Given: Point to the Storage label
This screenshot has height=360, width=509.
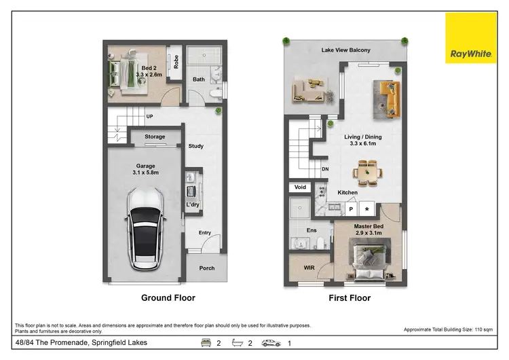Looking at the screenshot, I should tap(155, 137).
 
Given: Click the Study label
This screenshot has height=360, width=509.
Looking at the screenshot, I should tap(195, 146).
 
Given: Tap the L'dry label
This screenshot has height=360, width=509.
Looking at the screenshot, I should tap(193, 204).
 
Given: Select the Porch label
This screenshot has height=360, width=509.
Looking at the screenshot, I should tap(206, 268).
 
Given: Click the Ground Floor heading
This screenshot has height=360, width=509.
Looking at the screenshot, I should tap(168, 298).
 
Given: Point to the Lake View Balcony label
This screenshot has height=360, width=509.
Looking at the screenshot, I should tap(346, 50).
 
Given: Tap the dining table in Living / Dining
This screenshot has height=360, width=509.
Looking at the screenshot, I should tap(368, 172).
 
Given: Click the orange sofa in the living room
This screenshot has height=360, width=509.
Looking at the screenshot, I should tap(387, 97).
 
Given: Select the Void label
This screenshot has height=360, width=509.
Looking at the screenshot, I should tap(299, 187).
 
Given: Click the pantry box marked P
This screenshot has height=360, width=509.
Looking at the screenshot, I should tap(351, 210).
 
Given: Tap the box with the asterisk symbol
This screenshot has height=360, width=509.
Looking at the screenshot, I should tap(367, 210).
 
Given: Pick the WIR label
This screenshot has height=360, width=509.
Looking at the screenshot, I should tap(309, 268).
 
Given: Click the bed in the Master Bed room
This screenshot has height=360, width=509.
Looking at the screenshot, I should tap(370, 259).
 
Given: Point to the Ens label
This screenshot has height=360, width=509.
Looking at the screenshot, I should tap(312, 231).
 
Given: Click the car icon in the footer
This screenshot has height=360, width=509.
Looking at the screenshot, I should tap(271, 344).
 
